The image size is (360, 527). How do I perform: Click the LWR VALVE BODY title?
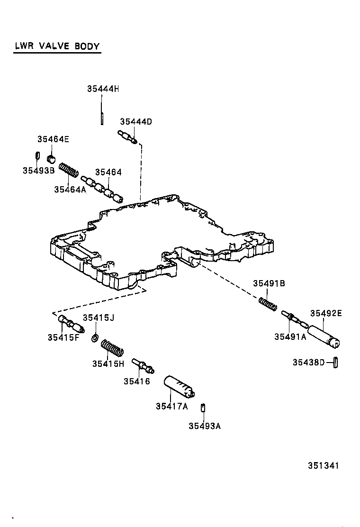coord(56,46)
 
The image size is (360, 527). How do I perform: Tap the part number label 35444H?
coord(102,89)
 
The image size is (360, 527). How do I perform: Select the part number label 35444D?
coord(136,121)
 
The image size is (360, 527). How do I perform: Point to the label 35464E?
coord(53,139)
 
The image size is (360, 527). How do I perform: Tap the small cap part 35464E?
coord(52,157)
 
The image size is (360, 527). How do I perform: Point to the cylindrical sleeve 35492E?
coord(325,335)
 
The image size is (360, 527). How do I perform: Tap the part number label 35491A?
coord(290,336)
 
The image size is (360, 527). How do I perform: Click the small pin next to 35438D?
coord(335,362)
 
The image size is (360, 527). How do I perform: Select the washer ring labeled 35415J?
coord(94,338)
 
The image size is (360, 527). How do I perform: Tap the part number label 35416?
coord(136,381)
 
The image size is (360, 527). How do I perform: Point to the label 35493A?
coord(205,426)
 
